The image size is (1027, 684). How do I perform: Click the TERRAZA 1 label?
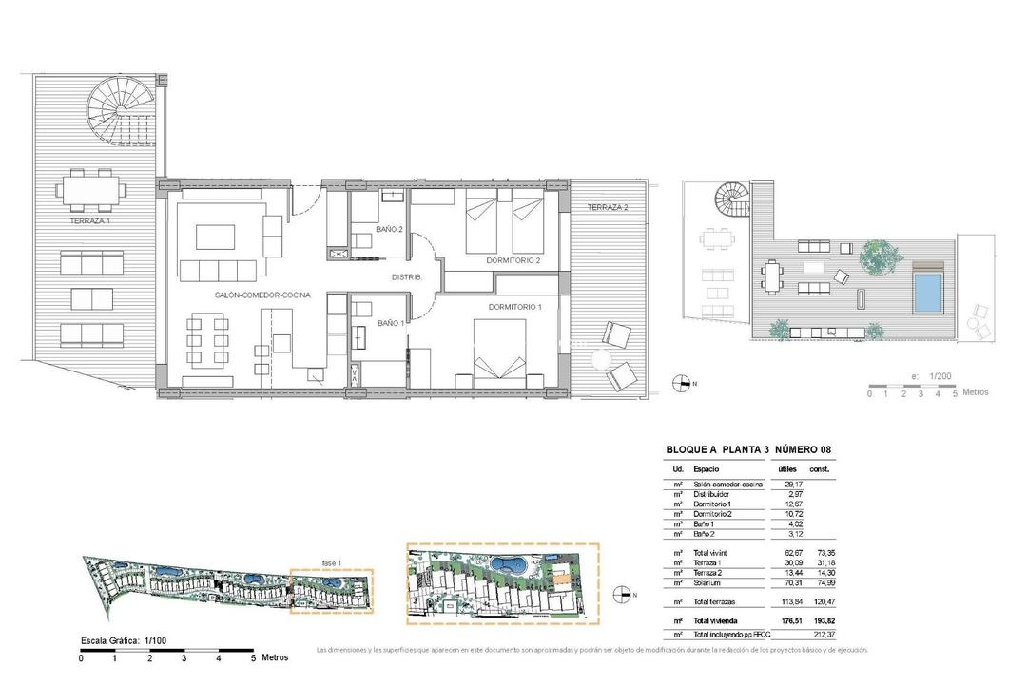coord(89,220)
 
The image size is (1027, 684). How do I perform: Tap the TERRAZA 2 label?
coord(607,207)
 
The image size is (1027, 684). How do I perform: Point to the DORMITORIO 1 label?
coord(514,307)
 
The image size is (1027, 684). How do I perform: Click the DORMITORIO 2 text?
coord(513,260)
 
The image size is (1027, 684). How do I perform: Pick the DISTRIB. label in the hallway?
coord(407,277)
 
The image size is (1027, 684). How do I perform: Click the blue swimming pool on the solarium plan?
coord(928,294)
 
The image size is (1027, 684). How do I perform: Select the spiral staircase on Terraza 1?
coord(115,110)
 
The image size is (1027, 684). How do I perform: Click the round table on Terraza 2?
coord(601,361)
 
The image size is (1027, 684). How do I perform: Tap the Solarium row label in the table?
coord(708,583)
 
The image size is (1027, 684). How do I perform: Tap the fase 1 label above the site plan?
coord(331,562)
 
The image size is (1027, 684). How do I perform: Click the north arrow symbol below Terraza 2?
coord(681,384)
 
